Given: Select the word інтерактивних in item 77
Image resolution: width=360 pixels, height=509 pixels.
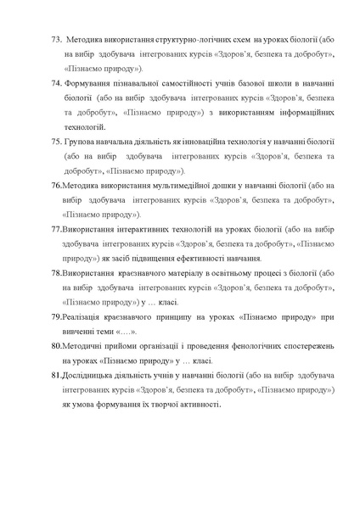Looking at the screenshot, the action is pos(134,228).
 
